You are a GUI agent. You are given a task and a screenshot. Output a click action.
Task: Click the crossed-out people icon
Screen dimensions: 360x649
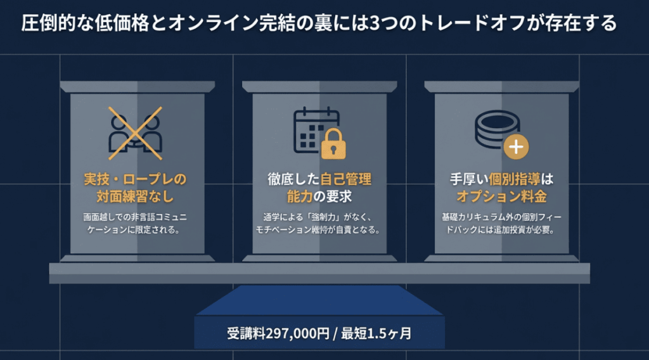135,133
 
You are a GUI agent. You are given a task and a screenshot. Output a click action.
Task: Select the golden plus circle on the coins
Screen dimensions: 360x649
516,146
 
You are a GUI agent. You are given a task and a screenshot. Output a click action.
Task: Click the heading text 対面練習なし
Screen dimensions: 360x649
135,195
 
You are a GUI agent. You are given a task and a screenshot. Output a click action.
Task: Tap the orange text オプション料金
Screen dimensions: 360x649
502,195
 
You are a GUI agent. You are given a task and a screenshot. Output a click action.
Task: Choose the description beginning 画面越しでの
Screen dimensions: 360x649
135,223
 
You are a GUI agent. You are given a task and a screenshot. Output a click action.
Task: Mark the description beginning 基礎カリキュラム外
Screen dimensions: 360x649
502,223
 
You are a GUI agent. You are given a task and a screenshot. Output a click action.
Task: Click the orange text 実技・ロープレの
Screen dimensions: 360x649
135,179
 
